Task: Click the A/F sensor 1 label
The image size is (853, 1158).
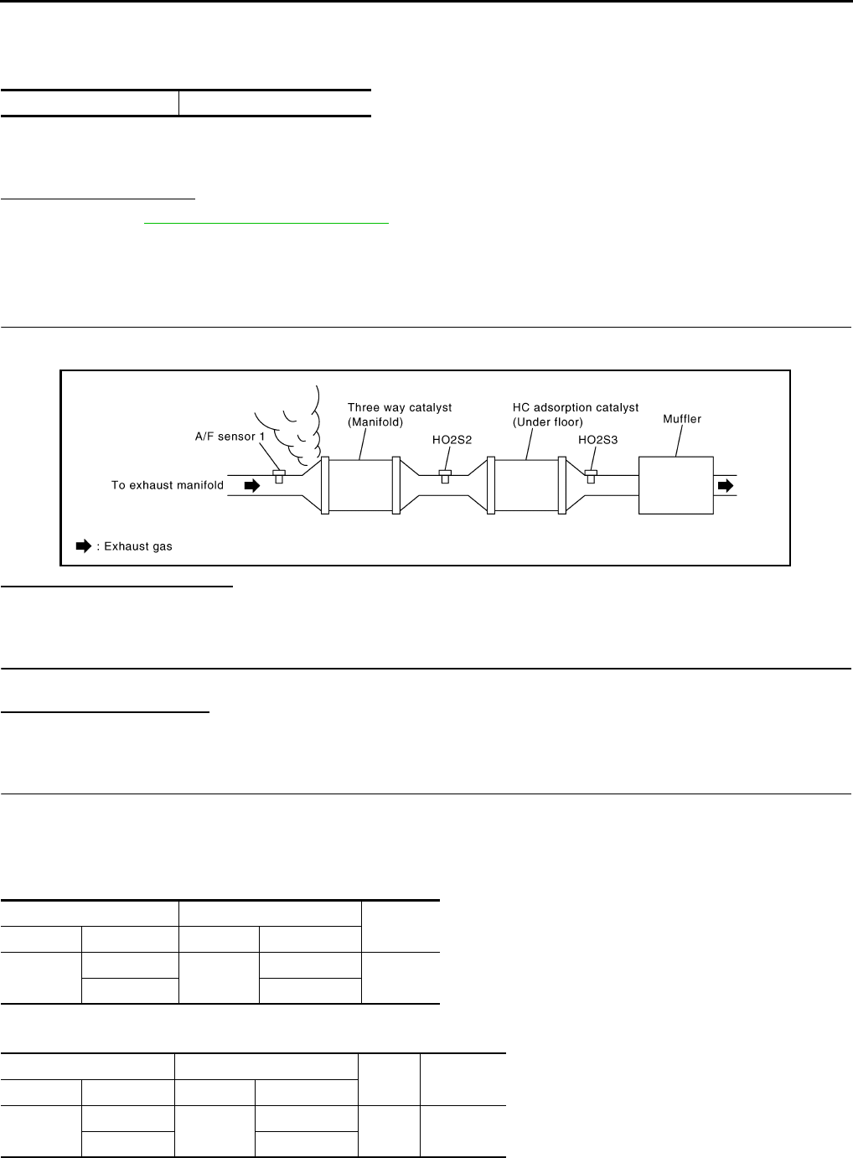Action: click(236, 437)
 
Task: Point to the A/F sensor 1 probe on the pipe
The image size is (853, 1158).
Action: click(279, 477)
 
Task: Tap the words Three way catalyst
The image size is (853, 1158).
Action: click(400, 408)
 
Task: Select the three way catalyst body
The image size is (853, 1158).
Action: click(360, 485)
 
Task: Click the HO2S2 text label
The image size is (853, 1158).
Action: click(447, 440)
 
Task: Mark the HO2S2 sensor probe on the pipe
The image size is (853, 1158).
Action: click(445, 477)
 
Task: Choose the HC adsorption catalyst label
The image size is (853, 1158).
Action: click(576, 408)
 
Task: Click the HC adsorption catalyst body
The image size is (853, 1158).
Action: click(526, 485)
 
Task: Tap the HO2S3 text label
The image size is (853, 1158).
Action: click(598, 440)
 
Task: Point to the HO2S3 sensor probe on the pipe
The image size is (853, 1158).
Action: click(591, 477)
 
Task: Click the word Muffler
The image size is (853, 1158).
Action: click(682, 419)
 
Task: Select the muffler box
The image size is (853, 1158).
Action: click(675, 485)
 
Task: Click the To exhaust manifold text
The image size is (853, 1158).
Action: click(168, 485)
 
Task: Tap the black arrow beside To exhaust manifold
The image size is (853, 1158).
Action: click(251, 485)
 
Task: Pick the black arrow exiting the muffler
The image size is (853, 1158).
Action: click(726, 485)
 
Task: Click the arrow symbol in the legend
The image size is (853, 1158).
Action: click(83, 546)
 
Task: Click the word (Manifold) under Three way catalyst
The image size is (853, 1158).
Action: click(375, 422)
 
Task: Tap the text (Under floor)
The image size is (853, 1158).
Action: click(548, 422)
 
